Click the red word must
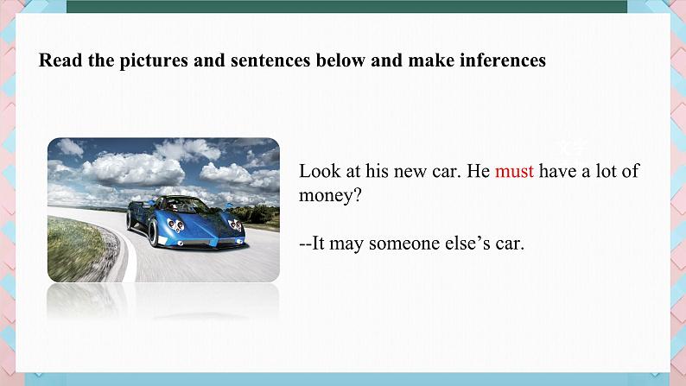click(514, 171)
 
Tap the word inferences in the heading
click(503, 60)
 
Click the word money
click(325, 195)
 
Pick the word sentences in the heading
click(270, 60)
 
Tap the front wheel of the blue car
click(153, 232)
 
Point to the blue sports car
click(186, 222)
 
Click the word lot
click(606, 170)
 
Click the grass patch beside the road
click(74, 250)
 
